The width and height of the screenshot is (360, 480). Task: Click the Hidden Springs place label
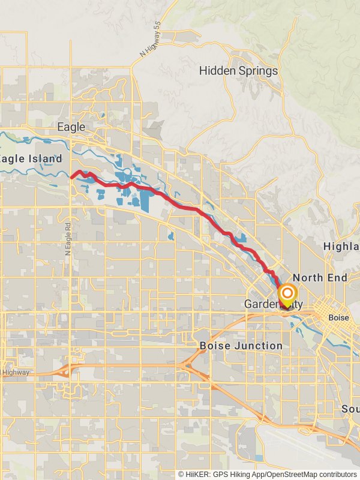click(x=239, y=71)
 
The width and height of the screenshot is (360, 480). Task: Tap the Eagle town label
click(x=71, y=127)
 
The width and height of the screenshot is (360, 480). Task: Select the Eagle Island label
click(x=32, y=159)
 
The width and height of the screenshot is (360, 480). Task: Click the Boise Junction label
click(x=241, y=346)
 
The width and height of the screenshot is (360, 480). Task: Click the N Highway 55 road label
click(x=151, y=46)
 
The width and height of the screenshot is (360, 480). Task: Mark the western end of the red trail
click(x=72, y=177)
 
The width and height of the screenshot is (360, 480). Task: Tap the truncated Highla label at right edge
click(x=341, y=246)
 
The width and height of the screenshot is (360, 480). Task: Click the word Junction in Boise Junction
click(x=259, y=346)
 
